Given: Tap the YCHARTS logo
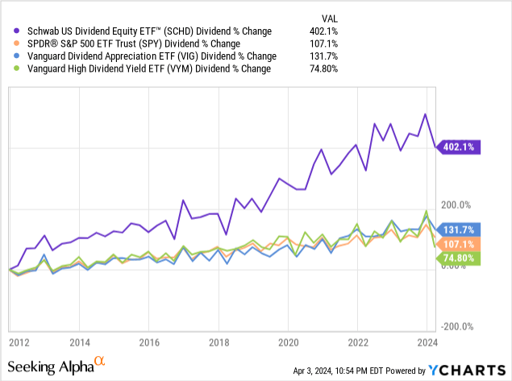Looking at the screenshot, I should [x=468, y=370].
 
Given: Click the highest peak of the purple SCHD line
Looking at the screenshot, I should [x=424, y=114].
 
